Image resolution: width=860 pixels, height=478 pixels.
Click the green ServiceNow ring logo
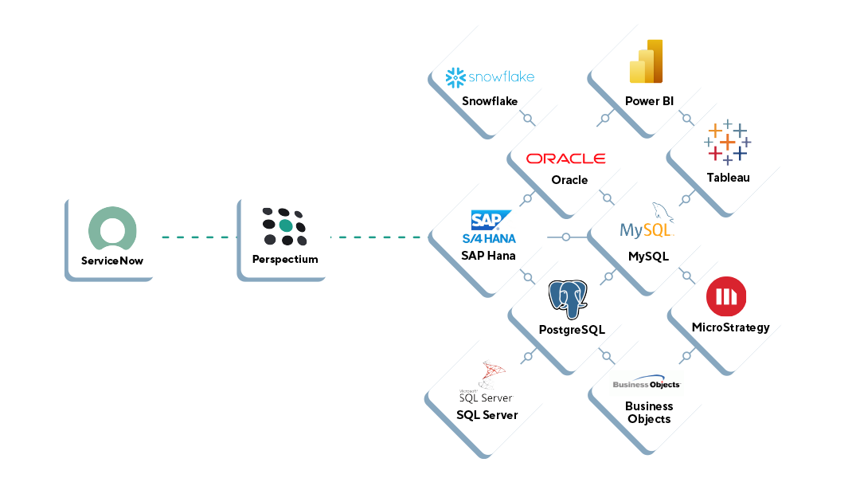111,228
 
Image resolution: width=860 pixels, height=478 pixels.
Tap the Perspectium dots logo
284,227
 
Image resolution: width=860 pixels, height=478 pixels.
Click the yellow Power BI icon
646,62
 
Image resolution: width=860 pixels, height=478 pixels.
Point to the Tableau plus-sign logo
727,143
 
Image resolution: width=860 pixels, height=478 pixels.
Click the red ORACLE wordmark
566,159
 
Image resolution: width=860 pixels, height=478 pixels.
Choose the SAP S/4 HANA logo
489,227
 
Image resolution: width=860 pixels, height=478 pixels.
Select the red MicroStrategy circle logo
726,297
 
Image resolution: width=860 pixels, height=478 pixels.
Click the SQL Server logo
487,383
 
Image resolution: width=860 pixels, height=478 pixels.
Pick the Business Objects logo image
647,385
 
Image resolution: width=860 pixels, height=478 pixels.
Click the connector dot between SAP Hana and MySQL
565,237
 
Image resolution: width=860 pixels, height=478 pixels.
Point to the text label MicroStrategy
730,327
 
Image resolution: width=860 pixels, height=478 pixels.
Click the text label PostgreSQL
571,330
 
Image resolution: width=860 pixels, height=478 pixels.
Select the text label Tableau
728,178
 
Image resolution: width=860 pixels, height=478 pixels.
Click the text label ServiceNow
111,261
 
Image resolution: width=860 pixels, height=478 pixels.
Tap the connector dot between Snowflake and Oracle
527,118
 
